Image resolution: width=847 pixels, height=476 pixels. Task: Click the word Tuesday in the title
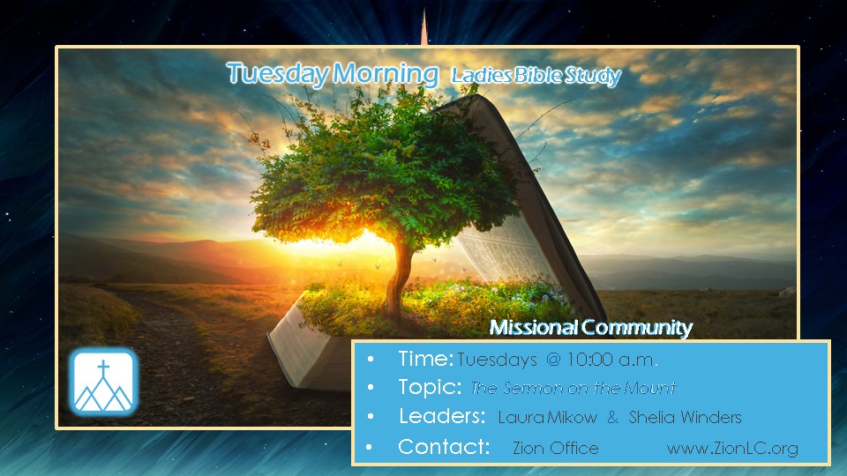coord(277,74)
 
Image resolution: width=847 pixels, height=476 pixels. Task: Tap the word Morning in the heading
coord(386,74)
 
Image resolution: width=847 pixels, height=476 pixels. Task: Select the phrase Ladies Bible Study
coord(536,76)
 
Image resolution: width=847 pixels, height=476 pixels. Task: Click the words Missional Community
coord(591,327)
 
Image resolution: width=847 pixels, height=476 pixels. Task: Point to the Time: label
coord(425,359)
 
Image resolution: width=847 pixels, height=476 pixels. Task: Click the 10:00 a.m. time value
coord(611,360)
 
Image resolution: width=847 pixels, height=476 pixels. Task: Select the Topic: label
coord(430,387)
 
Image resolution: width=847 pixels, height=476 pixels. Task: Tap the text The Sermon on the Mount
coord(573,388)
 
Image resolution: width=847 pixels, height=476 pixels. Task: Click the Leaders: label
coord(442,416)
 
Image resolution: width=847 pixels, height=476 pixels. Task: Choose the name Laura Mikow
coord(548,417)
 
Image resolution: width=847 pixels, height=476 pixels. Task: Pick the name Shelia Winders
coord(685,417)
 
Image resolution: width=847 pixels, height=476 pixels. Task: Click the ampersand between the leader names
coord(612,417)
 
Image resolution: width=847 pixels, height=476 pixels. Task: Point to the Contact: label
coord(444,447)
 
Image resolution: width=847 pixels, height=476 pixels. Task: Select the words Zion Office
coord(555,448)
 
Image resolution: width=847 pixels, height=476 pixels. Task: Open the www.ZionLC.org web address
coord(732,449)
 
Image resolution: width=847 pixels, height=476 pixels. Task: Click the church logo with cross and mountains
coord(103,382)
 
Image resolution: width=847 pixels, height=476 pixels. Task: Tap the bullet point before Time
coord(370,359)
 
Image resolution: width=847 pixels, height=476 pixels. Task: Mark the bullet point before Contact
coord(370,448)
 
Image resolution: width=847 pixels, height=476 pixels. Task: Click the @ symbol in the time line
coord(553,360)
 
